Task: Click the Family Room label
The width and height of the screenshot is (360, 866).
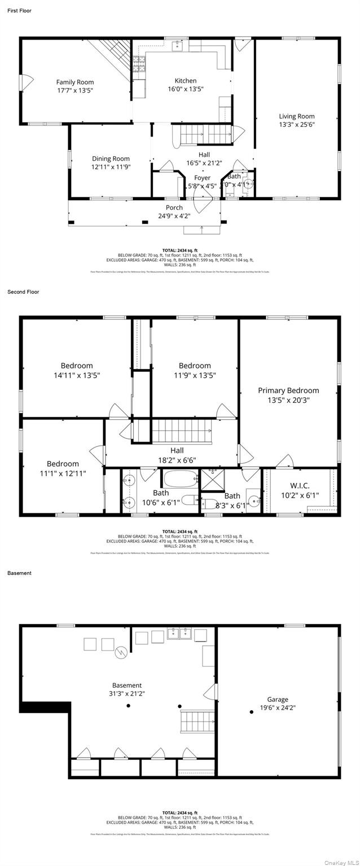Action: pyautogui.click(x=74, y=82)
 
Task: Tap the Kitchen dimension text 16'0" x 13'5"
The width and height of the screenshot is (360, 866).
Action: pyautogui.click(x=185, y=89)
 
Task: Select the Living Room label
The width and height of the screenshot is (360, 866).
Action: pyautogui.click(x=296, y=116)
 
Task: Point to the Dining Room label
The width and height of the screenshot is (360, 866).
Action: pyautogui.click(x=111, y=159)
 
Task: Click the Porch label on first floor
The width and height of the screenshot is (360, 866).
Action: pyautogui.click(x=174, y=208)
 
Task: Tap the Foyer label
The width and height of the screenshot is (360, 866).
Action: pyautogui.click(x=202, y=178)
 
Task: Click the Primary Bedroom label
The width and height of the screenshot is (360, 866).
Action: pyautogui.click(x=288, y=390)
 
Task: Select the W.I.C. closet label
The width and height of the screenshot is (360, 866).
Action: pyautogui.click(x=300, y=486)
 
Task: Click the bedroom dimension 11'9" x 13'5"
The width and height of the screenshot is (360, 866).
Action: pyautogui.click(x=195, y=375)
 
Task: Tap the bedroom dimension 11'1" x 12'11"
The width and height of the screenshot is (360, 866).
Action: pyautogui.click(x=63, y=473)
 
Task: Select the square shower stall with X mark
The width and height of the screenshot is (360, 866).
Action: pyautogui.click(x=212, y=478)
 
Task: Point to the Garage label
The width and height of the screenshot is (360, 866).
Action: pyautogui.click(x=278, y=699)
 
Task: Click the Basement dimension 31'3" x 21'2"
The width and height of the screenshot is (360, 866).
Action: pyautogui.click(x=126, y=693)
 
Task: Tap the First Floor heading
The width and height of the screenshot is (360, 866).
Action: pyautogui.click(x=19, y=11)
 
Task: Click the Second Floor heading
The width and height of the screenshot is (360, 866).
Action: pyautogui.click(x=23, y=292)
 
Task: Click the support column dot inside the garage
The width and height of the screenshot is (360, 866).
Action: pyautogui.click(x=251, y=712)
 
